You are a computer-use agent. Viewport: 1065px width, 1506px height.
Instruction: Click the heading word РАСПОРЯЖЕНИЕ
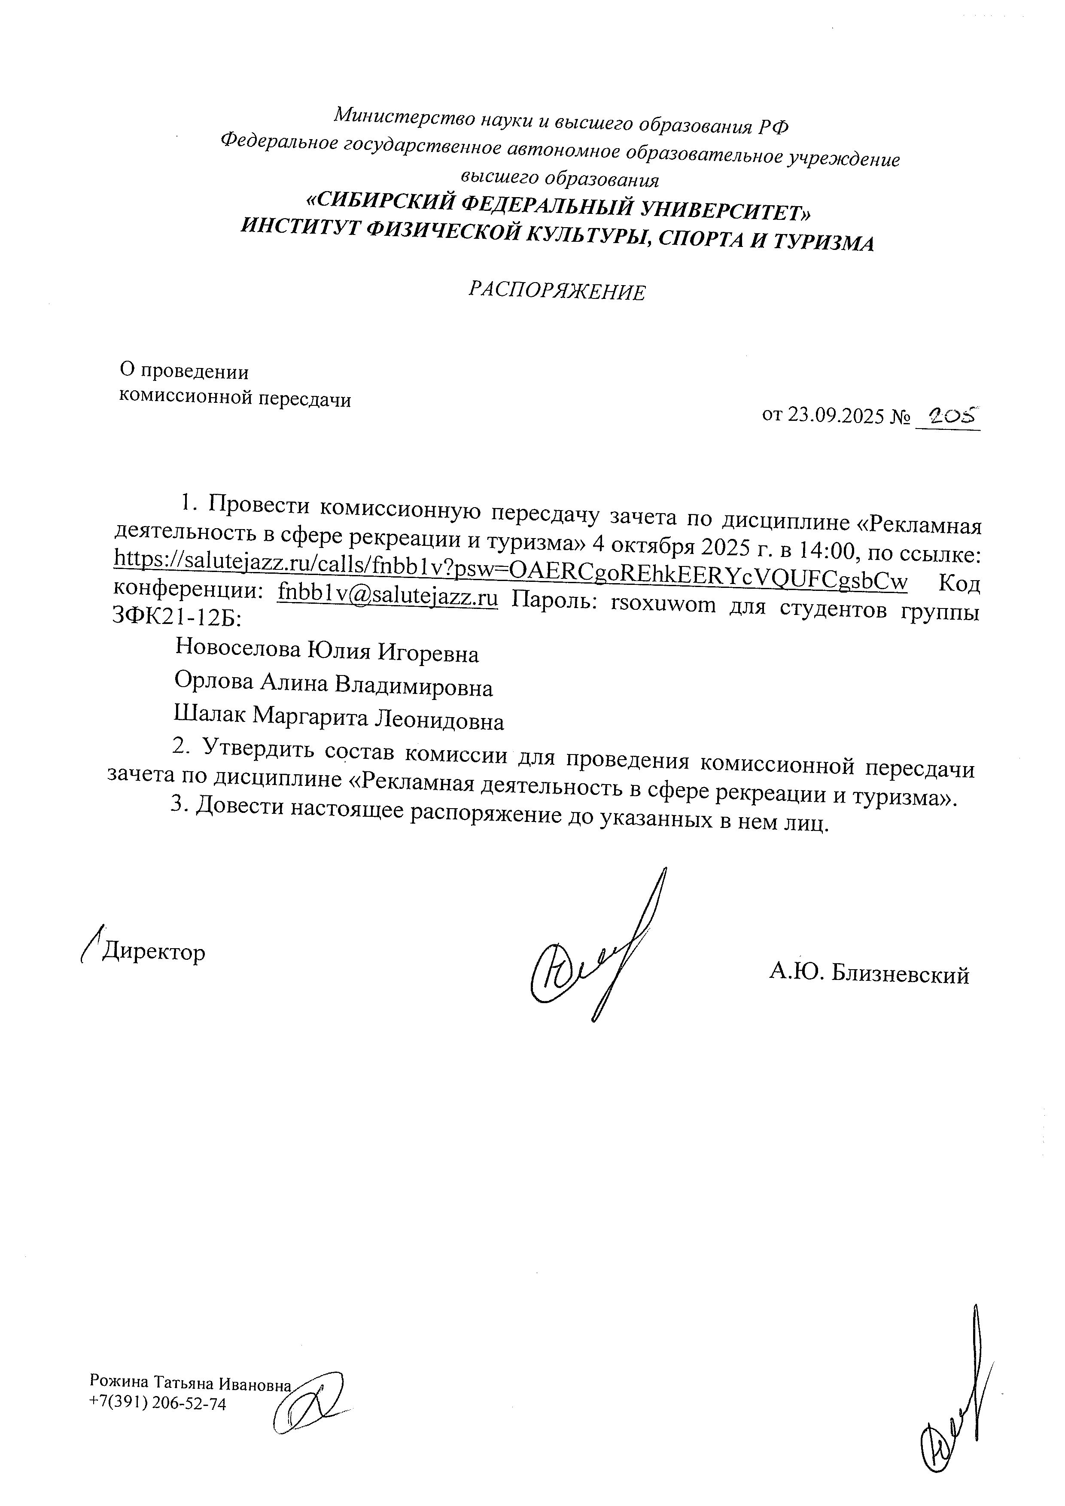[557, 291]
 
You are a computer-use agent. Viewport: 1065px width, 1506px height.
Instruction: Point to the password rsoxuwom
[662, 603]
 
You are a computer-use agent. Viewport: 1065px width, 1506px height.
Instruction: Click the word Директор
[153, 952]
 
